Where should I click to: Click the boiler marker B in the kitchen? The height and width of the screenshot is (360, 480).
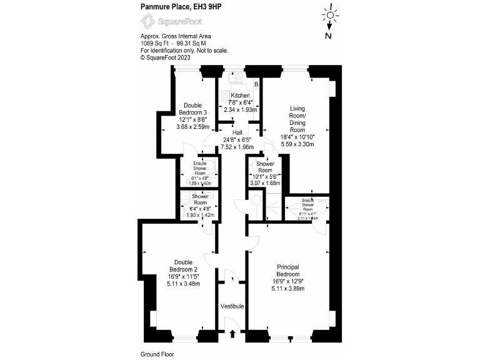256,84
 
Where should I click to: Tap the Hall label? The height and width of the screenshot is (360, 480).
237,132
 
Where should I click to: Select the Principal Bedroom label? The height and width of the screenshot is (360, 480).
288,271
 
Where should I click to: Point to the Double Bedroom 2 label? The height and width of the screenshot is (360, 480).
183,266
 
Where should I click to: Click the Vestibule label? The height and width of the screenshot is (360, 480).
231,306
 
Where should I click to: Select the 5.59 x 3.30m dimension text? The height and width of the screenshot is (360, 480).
297,144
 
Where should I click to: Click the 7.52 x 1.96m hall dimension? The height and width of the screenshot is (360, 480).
237,147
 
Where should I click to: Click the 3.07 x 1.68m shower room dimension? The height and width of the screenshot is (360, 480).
265,183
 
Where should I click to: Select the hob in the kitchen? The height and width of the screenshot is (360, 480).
226,98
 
